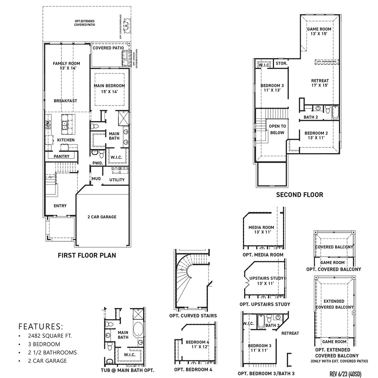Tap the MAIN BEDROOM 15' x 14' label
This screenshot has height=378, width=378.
[x=109, y=88]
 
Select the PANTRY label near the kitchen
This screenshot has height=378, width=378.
[x=61, y=156]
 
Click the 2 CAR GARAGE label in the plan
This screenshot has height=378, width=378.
[x=102, y=217]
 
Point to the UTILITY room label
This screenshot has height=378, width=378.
[x=117, y=180]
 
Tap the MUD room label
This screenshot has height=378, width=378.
[x=96, y=179]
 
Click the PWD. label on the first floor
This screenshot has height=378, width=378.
[x=97, y=163]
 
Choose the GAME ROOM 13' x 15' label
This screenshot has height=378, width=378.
[x=319, y=31]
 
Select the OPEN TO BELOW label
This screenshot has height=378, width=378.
[x=277, y=129]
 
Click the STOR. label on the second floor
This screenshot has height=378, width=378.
[x=281, y=63]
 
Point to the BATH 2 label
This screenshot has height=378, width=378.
[x=311, y=117]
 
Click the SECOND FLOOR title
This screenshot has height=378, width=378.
[x=300, y=195]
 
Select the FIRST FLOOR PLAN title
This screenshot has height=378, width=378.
[x=87, y=255]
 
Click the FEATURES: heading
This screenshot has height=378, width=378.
[x=41, y=326]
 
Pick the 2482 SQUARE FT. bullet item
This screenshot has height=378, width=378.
[x=50, y=336]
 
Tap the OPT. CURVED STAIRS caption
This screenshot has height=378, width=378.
[x=193, y=316]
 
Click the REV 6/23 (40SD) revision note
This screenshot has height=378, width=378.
[x=345, y=374]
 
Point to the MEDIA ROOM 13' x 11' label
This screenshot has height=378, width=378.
[x=261, y=230]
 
